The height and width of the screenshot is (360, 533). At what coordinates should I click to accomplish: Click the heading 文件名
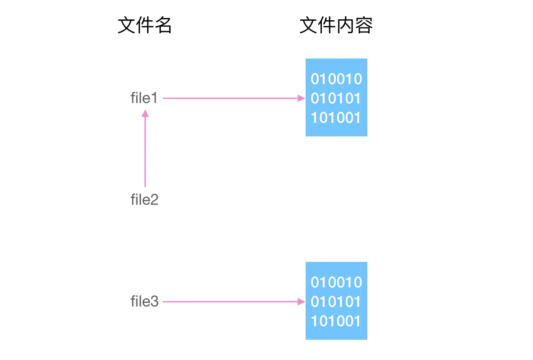[x=145, y=26]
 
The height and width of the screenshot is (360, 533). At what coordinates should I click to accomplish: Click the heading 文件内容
[x=336, y=26]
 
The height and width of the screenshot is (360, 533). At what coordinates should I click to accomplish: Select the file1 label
[x=144, y=98]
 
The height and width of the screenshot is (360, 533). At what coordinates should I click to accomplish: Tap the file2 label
[x=145, y=199]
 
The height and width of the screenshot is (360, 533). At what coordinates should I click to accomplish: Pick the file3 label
[x=145, y=301]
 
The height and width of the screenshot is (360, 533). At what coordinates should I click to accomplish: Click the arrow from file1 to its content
[x=230, y=98]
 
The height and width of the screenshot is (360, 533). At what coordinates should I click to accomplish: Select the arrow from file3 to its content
[x=230, y=301]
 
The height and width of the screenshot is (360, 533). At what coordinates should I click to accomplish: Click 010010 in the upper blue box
[x=336, y=79]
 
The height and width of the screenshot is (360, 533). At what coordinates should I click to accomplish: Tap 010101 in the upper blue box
[x=336, y=99]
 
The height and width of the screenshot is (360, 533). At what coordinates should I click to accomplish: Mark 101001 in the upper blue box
[x=336, y=118]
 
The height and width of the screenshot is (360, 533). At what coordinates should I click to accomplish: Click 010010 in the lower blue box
[x=336, y=283]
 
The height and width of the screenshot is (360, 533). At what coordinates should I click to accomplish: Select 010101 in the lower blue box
[x=336, y=302]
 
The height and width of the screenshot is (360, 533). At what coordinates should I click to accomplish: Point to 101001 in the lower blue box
[x=336, y=321]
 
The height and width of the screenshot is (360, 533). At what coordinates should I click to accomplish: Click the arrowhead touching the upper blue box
[x=302, y=98]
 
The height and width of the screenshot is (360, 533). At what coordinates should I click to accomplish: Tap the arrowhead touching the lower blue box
[x=302, y=301]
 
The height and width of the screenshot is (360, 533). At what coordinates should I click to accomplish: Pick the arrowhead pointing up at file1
[x=145, y=113]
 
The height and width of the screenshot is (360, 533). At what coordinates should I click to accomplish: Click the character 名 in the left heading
[x=163, y=26]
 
